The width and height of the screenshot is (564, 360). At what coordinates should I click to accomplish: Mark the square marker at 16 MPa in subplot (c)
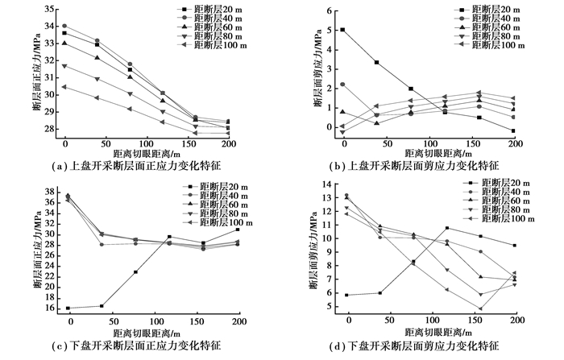[68, 308]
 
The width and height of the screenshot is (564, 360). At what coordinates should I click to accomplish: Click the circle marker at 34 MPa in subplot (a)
[64, 26]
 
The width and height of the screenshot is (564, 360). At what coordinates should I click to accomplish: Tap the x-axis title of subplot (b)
[411, 151]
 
